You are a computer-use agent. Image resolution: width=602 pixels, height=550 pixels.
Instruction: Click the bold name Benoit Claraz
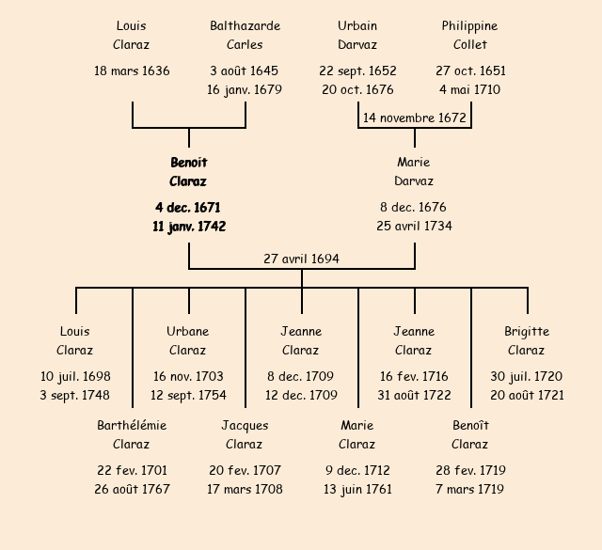click(188, 172)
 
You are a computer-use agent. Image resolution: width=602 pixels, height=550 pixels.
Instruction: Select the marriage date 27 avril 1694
click(301, 259)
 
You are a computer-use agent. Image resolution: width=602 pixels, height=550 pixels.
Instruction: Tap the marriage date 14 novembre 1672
click(415, 118)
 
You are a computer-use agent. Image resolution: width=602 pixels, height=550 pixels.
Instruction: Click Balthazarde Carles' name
click(245, 35)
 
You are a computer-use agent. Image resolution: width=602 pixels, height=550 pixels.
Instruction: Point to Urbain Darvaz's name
click(357, 35)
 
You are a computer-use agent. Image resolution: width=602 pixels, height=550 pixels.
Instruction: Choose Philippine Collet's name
click(470, 35)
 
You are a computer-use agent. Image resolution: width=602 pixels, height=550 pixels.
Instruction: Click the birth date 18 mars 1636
click(132, 71)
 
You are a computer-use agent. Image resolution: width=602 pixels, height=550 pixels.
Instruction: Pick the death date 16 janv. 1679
click(245, 90)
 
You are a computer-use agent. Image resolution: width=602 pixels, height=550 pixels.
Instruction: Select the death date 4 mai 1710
click(470, 90)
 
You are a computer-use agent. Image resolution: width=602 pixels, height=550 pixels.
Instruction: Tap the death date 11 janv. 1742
click(188, 227)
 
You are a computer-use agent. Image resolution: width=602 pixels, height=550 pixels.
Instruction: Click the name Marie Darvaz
click(414, 172)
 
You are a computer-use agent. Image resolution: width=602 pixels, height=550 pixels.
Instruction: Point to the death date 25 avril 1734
click(414, 227)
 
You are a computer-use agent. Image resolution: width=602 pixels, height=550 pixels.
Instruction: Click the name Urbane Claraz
click(188, 340)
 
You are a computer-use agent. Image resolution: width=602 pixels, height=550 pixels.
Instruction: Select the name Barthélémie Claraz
click(132, 434)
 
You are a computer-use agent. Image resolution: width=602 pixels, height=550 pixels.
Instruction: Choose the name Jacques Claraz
click(245, 434)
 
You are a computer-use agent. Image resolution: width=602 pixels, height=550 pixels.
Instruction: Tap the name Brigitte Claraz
click(527, 340)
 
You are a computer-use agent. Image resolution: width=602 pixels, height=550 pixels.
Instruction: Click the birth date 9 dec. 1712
click(357, 470)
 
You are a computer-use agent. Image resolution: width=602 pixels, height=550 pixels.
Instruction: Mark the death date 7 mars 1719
click(470, 489)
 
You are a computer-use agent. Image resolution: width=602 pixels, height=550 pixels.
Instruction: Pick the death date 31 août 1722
click(414, 395)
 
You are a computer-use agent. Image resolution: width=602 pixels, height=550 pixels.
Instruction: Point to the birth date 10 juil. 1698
click(75, 376)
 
